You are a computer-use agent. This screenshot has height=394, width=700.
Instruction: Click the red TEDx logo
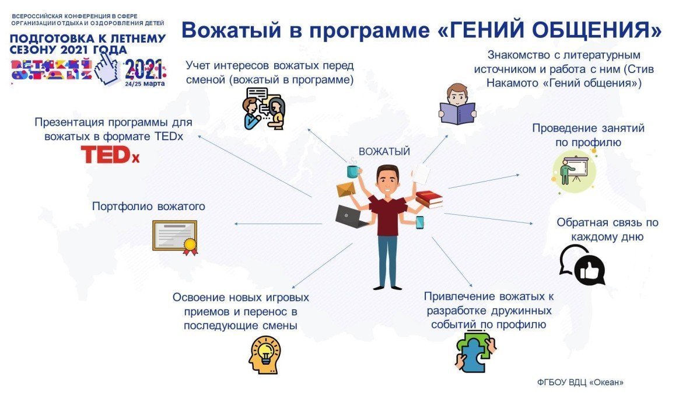110,155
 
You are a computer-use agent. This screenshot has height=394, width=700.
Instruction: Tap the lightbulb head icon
265,355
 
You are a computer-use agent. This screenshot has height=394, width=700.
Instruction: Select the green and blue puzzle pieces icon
475,353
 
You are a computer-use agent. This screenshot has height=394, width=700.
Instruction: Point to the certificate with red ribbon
175,238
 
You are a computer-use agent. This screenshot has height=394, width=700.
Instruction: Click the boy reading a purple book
457,104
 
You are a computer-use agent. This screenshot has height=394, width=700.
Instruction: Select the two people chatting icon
264,109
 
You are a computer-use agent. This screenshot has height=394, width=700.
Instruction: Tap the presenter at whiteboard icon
575,170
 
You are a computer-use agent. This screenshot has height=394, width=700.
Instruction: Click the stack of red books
429,199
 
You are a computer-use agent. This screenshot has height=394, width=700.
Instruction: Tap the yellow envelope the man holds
346,189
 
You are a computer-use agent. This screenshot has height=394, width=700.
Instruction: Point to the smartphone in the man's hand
419,222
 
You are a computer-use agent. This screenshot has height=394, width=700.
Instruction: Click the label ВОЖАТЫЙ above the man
384,152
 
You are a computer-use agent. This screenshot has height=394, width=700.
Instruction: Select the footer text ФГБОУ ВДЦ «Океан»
580,382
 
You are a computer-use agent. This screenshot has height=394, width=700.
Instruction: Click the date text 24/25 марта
145,84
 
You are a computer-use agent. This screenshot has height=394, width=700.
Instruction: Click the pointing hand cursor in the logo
107,67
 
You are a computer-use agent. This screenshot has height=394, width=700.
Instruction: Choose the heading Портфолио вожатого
148,207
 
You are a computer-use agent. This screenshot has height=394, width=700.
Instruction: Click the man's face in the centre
387,182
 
